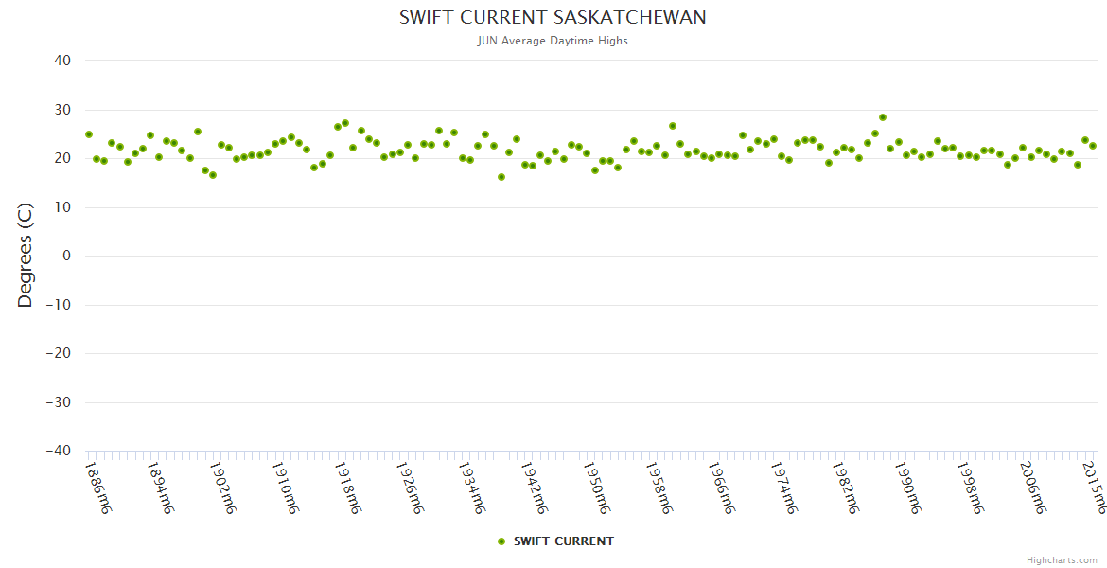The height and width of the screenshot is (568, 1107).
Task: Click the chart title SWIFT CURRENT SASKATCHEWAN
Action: coord(553,18)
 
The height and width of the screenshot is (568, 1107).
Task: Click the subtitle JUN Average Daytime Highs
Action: coord(553,41)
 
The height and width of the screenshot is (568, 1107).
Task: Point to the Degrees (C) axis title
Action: coord(26,256)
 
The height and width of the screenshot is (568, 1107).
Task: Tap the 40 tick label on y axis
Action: coord(62,61)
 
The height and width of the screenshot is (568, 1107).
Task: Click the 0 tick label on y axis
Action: coord(66,256)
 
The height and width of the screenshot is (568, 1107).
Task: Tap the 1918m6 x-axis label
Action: coord(348,488)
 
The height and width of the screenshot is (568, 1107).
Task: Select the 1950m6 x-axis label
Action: coord(597,488)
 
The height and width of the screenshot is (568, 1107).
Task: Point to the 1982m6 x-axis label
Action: coord(846,488)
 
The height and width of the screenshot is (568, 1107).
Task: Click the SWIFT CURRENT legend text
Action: coord(563,541)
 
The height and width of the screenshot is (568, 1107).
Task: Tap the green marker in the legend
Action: coord(501,541)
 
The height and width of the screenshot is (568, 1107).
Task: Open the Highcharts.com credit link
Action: coord(1062,560)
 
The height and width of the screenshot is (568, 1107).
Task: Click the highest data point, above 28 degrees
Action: coord(883,117)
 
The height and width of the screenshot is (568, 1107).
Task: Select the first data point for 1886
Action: coord(89,134)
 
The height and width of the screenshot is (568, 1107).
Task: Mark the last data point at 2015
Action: coord(1093,146)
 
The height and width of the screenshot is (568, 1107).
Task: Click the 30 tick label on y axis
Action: coord(62,110)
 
